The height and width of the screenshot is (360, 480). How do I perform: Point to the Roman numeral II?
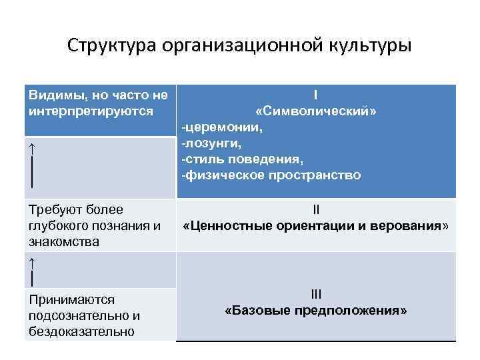click(316, 211)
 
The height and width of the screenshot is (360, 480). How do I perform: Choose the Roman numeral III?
click(316, 294)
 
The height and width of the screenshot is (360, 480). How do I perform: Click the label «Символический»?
click(316, 111)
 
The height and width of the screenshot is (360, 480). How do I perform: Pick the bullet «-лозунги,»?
click(208, 143)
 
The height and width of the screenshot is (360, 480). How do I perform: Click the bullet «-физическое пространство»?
click(270, 175)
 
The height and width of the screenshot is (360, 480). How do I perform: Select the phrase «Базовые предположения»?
click(316, 311)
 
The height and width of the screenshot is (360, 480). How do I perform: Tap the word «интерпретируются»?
click(91, 111)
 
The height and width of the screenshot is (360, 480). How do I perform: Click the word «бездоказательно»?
click(82, 331)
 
